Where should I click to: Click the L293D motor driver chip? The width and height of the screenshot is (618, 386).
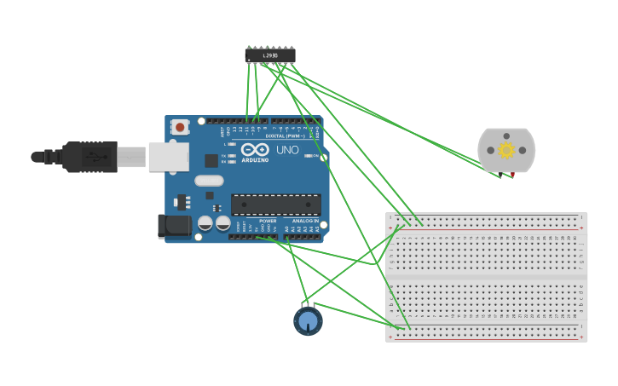tap(270, 55)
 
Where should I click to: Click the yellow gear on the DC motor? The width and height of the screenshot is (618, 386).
tap(506, 151)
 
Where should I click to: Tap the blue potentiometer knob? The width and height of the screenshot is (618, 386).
tap(308, 321)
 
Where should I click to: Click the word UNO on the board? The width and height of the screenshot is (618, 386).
tap(287, 150)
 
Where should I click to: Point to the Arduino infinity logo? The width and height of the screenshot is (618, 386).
tap(254, 149)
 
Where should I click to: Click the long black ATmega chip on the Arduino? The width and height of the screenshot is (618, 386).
tap(276, 205)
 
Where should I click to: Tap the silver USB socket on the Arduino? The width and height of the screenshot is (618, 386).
tap(169, 157)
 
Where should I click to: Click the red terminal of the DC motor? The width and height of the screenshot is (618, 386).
tap(512, 175)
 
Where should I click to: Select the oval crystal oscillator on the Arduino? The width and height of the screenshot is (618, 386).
tap(209, 181)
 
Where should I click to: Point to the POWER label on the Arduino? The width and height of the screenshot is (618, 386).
tap(268, 221)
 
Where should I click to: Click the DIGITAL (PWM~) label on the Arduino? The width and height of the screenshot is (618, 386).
tap(285, 135)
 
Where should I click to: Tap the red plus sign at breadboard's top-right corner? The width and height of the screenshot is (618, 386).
tap(581, 228)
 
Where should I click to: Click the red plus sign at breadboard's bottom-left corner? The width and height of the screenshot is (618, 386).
tap(390, 337)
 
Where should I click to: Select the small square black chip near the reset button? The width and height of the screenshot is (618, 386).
tap(211, 160)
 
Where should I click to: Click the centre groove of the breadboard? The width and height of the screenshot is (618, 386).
tap(486, 277)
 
